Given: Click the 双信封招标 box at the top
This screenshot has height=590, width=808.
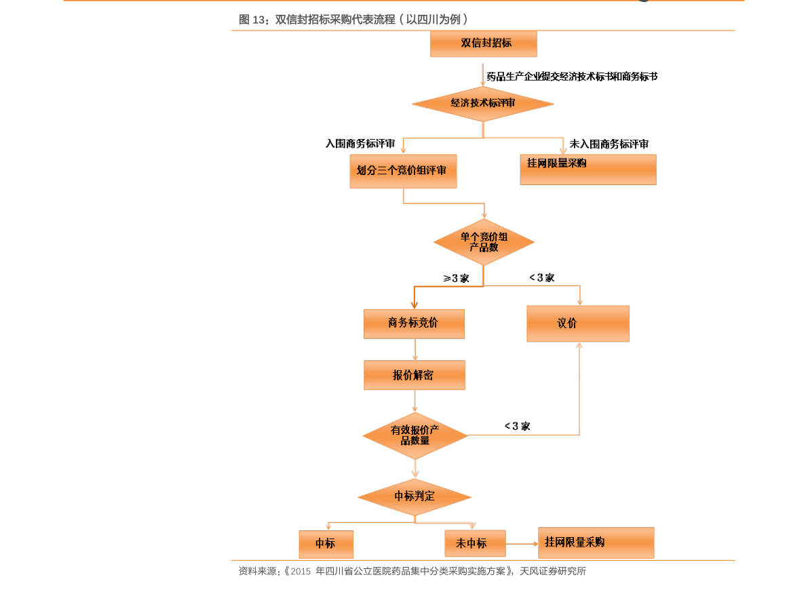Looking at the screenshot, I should pyautogui.click(x=484, y=43).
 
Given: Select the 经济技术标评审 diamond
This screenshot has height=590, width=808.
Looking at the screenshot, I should pyautogui.click(x=483, y=104).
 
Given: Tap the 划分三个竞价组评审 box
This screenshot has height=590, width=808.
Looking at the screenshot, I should pyautogui.click(x=403, y=171).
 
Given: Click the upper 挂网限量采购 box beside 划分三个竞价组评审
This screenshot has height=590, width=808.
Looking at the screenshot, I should pyautogui.click(x=588, y=169).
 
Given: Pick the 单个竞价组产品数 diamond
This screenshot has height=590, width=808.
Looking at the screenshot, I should pyautogui.click(x=484, y=242).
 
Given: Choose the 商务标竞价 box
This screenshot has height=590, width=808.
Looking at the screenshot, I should pyautogui.click(x=414, y=323).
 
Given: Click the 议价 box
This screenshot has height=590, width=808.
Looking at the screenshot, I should pyautogui.click(x=578, y=323).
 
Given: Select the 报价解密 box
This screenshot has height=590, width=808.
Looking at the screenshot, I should pyautogui.click(x=415, y=375).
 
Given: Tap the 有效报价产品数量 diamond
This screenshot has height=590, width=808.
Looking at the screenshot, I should pyautogui.click(x=415, y=435).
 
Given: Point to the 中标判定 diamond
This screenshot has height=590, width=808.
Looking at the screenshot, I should pyautogui.click(x=415, y=496).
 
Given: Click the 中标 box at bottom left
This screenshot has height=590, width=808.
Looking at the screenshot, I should pyautogui.click(x=326, y=544).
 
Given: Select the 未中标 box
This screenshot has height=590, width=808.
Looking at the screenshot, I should pyautogui.click(x=475, y=543).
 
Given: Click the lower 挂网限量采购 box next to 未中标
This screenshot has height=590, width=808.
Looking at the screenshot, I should pyautogui.click(x=596, y=543).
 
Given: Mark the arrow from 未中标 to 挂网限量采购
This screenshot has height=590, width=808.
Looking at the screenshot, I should pyautogui.click(x=522, y=543).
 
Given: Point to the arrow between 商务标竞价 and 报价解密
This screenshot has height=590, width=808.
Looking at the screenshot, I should pyautogui.click(x=415, y=349).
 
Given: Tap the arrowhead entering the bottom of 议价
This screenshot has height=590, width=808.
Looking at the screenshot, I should pyautogui.click(x=579, y=346).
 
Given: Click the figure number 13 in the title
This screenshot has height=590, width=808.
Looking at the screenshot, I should pyautogui.click(x=259, y=20).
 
